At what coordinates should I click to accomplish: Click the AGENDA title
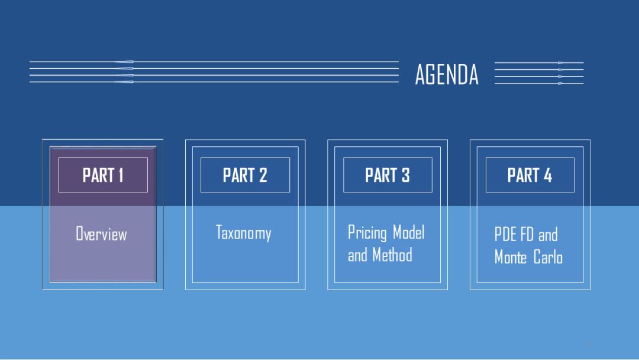pyautogui.click(x=447, y=75)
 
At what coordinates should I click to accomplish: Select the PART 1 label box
pyautogui.click(x=103, y=175)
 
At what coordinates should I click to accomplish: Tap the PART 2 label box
pyautogui.click(x=245, y=175)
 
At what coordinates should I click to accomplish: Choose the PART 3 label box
pyautogui.click(x=388, y=175)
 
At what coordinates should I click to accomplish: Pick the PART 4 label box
pyautogui.click(x=530, y=175)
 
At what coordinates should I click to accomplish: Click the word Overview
pyautogui.click(x=101, y=234)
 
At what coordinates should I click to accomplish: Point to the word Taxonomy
pyautogui.click(x=243, y=232)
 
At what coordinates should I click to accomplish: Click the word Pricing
pyautogui.click(x=366, y=232)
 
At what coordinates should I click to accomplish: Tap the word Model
pyautogui.click(x=409, y=232)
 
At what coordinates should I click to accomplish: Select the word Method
pyautogui.click(x=392, y=255)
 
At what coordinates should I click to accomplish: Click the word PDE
pyautogui.click(x=506, y=234)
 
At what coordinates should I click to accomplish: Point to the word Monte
pyautogui.click(x=511, y=257)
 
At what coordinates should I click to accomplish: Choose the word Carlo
pyautogui.click(x=548, y=257)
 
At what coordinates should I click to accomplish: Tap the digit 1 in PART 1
pyautogui.click(x=120, y=175)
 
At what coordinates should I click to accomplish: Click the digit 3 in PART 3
pyautogui.click(x=405, y=175)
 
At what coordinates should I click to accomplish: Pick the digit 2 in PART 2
pyautogui.click(x=263, y=175)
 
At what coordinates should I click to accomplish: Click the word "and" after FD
pyautogui.click(x=548, y=234)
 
